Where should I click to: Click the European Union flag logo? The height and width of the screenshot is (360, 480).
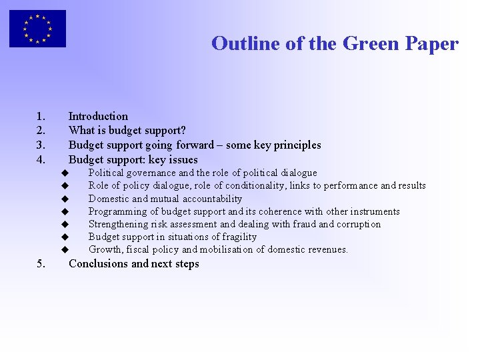click(37, 29)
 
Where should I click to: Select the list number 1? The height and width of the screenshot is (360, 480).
click(41, 116)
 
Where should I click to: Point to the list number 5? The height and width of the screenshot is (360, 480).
click(41, 263)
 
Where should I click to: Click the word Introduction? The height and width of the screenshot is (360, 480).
click(98, 116)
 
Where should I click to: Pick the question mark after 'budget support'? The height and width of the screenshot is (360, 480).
click(183, 131)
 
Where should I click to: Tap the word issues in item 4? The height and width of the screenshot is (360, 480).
click(183, 160)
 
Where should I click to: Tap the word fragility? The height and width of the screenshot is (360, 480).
click(238, 237)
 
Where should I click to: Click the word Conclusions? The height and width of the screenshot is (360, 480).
click(98, 263)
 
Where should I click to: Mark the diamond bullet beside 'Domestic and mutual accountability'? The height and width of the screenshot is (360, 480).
click(65, 199)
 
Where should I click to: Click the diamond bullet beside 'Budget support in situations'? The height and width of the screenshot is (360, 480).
click(65, 237)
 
